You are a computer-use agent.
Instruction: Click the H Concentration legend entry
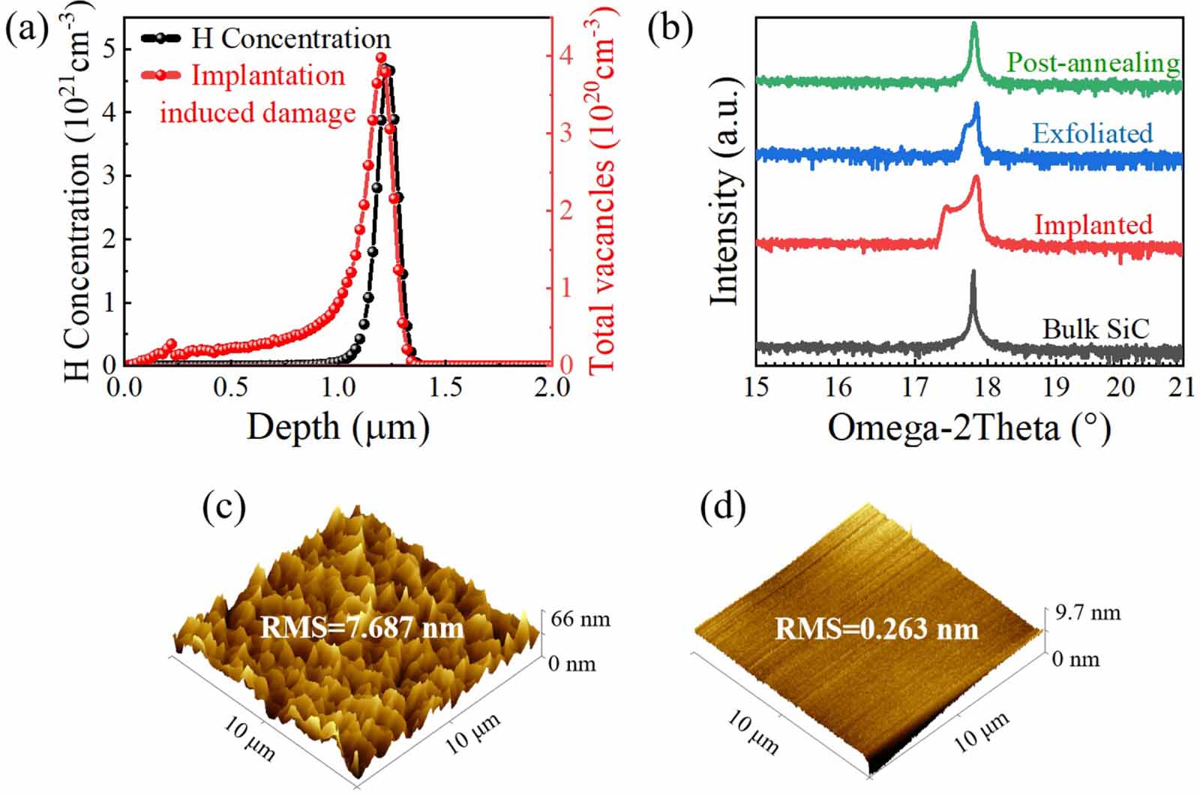tap(290, 38)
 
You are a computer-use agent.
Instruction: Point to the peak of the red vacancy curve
tap(380, 59)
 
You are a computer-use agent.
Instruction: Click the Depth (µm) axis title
tap(337, 428)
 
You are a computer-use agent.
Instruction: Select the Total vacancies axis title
tap(602, 188)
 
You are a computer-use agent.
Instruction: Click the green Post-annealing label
tap(1093, 62)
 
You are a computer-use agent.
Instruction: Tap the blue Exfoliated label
tap(1092, 134)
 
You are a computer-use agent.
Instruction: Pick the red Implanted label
tap(1093, 224)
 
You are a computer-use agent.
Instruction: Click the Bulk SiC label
tap(1096, 329)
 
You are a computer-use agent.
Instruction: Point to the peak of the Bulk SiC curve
tap(973, 272)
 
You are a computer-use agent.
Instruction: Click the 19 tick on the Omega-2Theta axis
tap(1056, 388)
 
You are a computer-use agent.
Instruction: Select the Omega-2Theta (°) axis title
tap(968, 428)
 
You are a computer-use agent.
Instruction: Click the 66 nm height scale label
tap(580, 620)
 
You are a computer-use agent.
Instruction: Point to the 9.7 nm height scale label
tap(1087, 613)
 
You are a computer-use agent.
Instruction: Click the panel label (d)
tap(722, 508)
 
